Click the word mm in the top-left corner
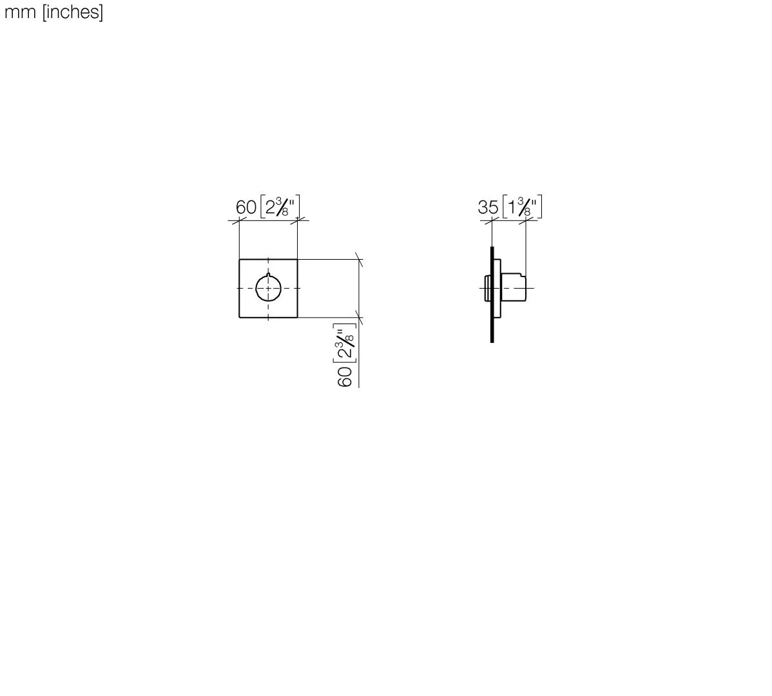[x=20, y=12]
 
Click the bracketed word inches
[x=73, y=12]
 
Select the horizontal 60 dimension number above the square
[x=246, y=208]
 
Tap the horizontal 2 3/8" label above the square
[x=280, y=206]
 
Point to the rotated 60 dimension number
[x=345, y=376]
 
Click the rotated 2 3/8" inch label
[x=345, y=343]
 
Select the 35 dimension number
[x=488, y=208]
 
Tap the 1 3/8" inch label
[x=522, y=206]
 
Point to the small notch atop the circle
[x=268, y=274]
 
